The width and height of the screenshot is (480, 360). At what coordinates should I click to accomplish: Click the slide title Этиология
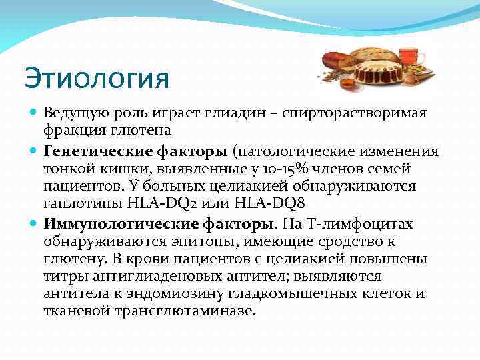tap(97, 78)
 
